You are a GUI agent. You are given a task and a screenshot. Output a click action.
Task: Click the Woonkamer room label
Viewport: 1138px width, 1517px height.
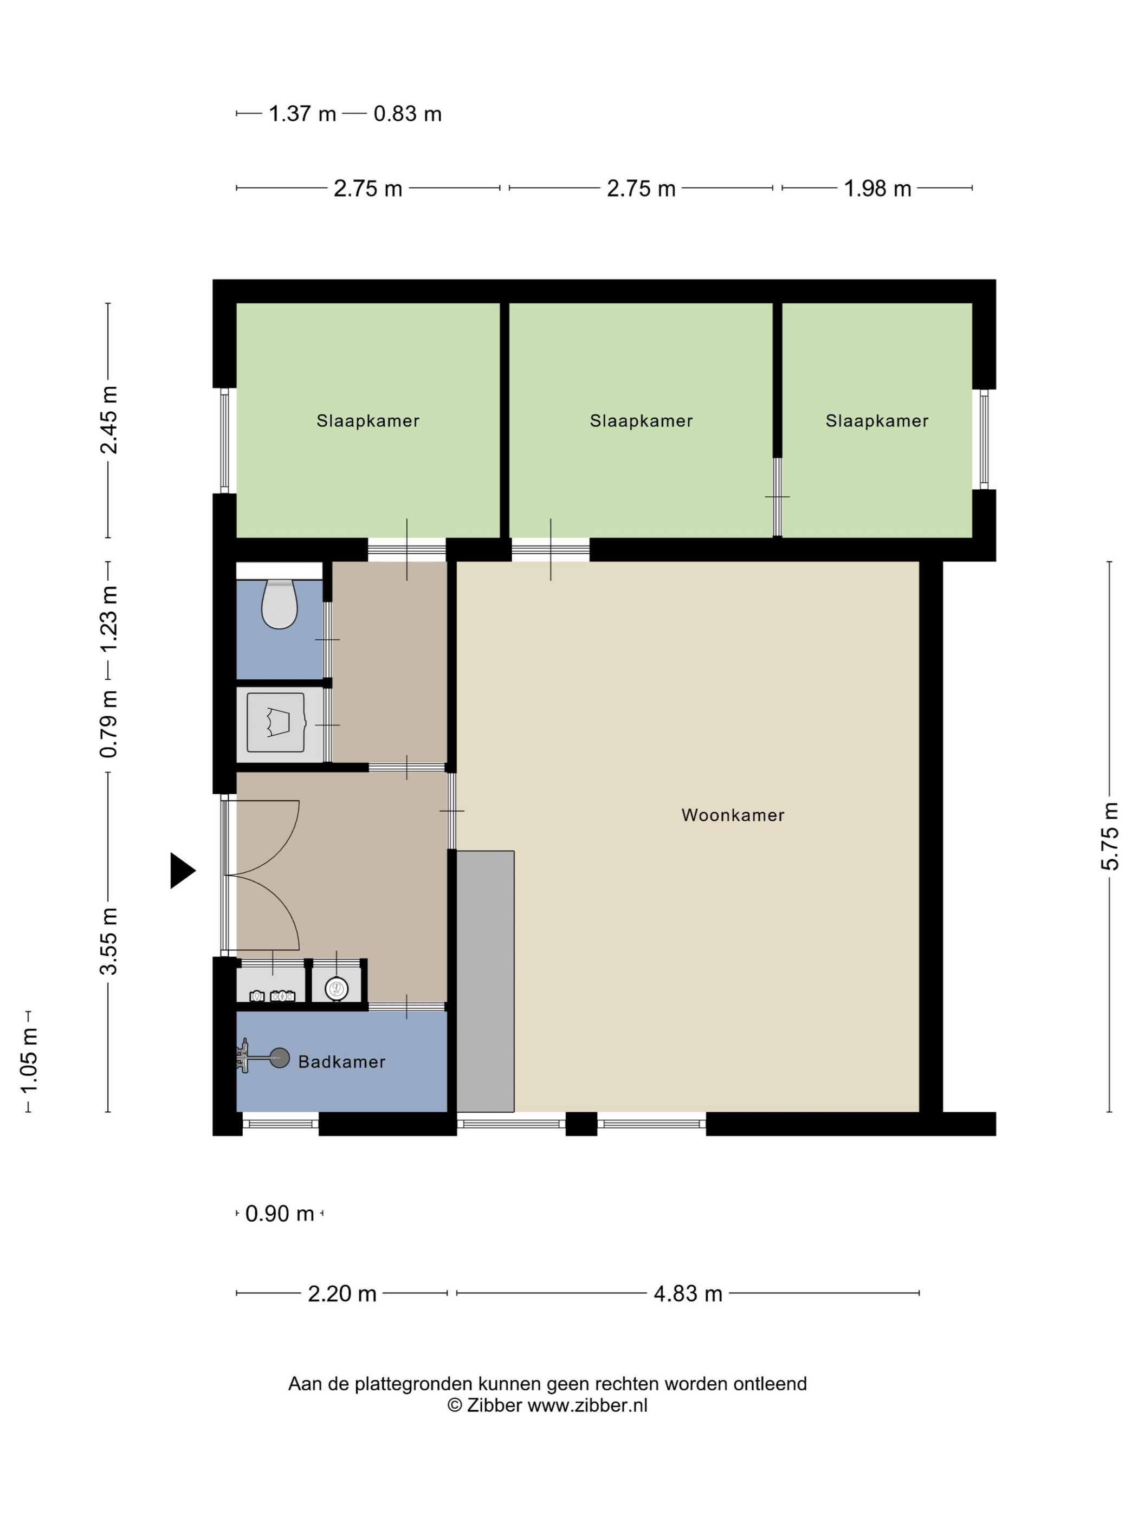click(x=733, y=815)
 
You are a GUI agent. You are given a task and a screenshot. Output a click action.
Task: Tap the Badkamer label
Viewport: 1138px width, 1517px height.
click(x=341, y=1062)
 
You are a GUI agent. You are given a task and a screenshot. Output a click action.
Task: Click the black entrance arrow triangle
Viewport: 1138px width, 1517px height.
click(x=183, y=871)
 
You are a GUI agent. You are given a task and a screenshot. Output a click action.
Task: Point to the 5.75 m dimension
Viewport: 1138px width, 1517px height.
click(x=1109, y=836)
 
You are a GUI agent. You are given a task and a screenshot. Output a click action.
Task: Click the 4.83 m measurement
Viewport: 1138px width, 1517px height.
click(x=688, y=1294)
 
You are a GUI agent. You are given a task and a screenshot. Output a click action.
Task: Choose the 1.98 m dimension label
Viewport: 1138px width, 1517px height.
click(x=877, y=189)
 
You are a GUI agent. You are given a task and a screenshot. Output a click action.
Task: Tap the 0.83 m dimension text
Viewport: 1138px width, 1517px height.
click(x=408, y=114)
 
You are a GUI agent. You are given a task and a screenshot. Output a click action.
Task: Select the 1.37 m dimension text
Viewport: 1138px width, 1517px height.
click(x=302, y=114)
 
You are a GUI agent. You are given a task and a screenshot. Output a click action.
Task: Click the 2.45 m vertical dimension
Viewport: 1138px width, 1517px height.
click(x=108, y=420)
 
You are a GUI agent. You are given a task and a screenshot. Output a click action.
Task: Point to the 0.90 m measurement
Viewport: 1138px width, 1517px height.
click(x=280, y=1214)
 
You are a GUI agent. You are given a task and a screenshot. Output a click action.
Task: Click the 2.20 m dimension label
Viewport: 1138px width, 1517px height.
click(x=342, y=1294)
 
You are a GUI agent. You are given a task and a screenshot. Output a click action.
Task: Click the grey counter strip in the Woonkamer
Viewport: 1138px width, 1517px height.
click(x=485, y=981)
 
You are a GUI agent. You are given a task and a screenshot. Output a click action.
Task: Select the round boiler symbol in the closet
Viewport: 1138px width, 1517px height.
click(x=336, y=989)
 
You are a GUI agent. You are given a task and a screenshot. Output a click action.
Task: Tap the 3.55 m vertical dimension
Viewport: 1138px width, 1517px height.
click(x=108, y=940)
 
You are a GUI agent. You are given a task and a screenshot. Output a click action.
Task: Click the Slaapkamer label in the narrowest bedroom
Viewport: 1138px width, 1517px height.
click(x=877, y=421)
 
